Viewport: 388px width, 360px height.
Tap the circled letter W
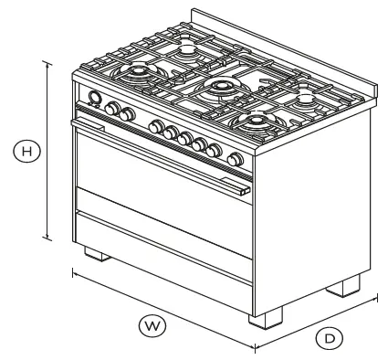click(149, 323)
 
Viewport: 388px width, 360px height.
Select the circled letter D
click(330, 337)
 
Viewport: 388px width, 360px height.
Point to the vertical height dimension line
click(47, 147)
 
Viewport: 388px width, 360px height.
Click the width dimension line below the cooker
click(164, 310)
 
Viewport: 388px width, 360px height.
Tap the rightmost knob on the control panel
click(236, 159)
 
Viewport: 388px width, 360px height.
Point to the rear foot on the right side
click(345, 286)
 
